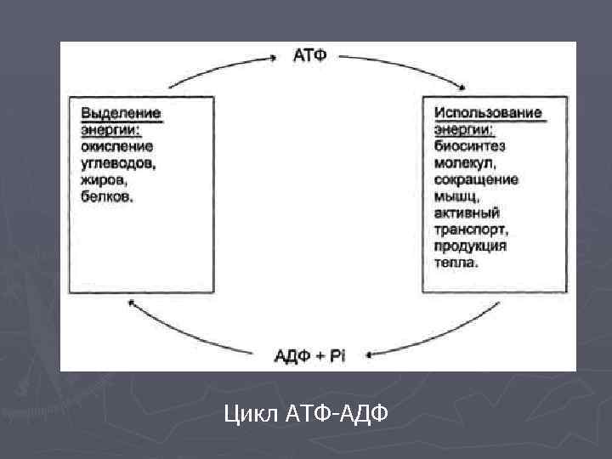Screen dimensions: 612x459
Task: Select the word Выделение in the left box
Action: point(121,112)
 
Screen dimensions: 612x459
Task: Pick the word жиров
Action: point(103,179)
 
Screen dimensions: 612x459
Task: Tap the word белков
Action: point(107,196)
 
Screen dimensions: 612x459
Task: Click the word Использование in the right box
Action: point(487,112)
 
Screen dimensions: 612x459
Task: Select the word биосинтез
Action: point(469,145)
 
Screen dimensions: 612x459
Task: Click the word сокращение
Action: point(475,179)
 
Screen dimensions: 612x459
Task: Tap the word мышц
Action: point(453,196)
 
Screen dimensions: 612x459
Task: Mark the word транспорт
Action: point(470,229)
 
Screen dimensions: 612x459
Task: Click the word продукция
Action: point(469,246)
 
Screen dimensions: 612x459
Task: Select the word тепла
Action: point(456,263)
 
